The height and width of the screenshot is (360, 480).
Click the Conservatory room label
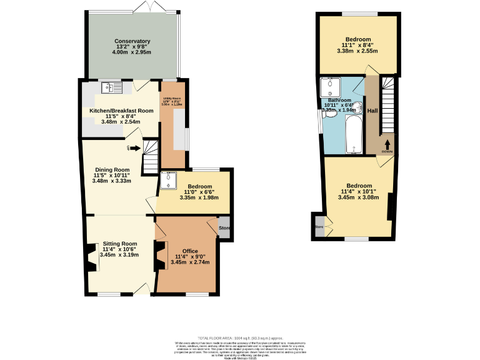coord(132,41)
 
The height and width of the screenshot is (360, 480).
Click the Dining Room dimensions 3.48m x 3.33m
coord(112,181)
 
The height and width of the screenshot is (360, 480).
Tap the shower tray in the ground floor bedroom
coord(168,181)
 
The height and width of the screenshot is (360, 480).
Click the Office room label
coord(189,251)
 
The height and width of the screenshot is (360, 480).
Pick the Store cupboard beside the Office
coord(224,228)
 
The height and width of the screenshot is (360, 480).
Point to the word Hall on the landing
coord(372,111)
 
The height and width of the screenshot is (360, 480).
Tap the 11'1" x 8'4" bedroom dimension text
coord(359,45)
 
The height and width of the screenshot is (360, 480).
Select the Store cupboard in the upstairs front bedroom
coord(319,226)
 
